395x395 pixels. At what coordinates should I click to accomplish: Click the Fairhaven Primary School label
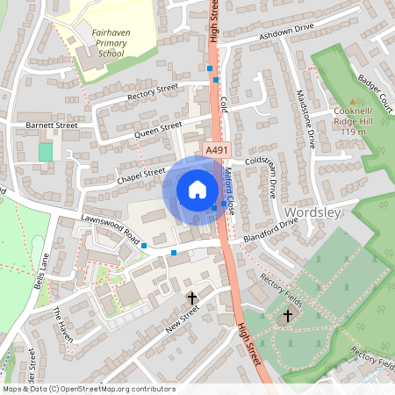click(x=110, y=43)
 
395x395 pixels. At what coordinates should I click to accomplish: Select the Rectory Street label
click(x=153, y=90)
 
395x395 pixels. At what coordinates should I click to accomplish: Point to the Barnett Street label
click(x=52, y=126)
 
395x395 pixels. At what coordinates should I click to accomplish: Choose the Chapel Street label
click(x=141, y=173)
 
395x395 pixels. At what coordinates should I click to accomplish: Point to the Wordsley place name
click(x=313, y=212)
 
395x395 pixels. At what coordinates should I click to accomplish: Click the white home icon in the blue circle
click(x=197, y=189)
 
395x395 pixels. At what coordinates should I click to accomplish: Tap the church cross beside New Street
click(x=192, y=299)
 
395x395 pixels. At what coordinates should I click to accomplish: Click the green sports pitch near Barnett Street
click(x=45, y=152)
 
